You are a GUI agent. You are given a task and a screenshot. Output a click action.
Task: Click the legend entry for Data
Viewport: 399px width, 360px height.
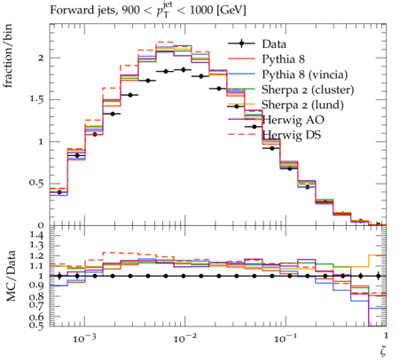coord(274,44)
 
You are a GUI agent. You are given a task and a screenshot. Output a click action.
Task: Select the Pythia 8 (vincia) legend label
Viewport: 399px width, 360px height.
coord(305,74)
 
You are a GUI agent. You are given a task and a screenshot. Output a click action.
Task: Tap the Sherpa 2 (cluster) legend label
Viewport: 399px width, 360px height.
coord(308,90)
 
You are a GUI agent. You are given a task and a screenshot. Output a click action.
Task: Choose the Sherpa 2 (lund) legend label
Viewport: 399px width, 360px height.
coord(302,105)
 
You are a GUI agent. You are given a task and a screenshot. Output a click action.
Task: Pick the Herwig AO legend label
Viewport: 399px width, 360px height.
coord(293,120)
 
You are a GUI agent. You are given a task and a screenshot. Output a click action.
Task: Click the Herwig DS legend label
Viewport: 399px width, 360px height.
coord(292,135)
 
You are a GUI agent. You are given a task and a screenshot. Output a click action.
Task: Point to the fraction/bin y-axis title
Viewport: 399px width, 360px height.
coord(8,56)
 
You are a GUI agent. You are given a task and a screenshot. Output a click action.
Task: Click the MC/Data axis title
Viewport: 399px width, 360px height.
coord(11,276)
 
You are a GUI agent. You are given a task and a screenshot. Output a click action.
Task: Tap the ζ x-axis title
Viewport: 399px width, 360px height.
coord(383,351)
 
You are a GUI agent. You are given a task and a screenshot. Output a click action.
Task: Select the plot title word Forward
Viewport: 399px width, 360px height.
coord(67,11)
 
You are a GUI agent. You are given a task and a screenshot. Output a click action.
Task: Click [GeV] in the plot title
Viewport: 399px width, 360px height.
coord(231,11)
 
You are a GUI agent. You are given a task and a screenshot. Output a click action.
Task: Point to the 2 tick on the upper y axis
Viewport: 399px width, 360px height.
coord(41,58)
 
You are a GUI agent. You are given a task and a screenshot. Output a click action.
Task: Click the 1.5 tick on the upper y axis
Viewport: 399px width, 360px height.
coord(36,99)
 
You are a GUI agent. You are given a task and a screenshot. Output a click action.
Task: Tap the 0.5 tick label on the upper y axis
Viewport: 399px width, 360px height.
coord(36,184)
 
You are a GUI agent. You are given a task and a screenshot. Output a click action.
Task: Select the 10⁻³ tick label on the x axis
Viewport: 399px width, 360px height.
coord(83,338)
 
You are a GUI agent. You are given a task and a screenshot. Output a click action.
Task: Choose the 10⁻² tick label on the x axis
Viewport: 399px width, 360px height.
coord(184,338)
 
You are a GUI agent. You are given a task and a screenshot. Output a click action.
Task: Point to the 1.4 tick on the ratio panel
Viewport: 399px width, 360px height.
coord(36,236)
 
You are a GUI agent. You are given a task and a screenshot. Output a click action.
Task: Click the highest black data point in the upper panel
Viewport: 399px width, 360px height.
coord(184,70)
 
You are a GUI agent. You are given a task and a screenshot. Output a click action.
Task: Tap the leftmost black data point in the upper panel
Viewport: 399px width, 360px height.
coord(59,192)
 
